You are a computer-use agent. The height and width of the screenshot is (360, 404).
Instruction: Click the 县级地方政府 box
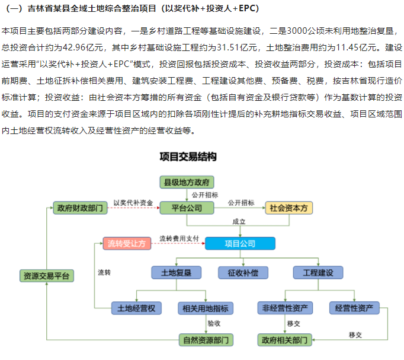[x=187, y=182]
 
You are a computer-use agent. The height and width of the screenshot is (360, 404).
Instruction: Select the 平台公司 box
[x=187, y=208]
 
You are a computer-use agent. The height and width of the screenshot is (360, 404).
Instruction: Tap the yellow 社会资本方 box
[x=288, y=208]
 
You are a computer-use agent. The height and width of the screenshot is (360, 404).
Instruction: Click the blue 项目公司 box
[x=240, y=243]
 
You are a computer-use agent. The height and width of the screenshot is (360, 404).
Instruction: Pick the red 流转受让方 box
[x=126, y=243]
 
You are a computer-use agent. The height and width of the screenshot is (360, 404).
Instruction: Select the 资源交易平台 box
[x=46, y=276]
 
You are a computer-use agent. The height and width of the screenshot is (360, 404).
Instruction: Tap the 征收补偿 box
[x=243, y=273]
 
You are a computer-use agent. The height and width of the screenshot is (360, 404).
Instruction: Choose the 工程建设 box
[x=318, y=273]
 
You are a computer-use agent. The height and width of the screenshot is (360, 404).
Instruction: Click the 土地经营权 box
[x=137, y=308]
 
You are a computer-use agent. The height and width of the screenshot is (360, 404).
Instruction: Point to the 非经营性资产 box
[x=285, y=308]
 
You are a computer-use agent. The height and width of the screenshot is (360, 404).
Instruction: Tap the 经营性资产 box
[x=354, y=308]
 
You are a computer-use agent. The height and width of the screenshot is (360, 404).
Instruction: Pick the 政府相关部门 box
[x=285, y=340]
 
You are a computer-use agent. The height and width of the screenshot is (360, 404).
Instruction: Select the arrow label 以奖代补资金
[x=133, y=203]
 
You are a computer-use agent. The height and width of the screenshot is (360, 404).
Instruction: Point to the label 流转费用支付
[x=178, y=238]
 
